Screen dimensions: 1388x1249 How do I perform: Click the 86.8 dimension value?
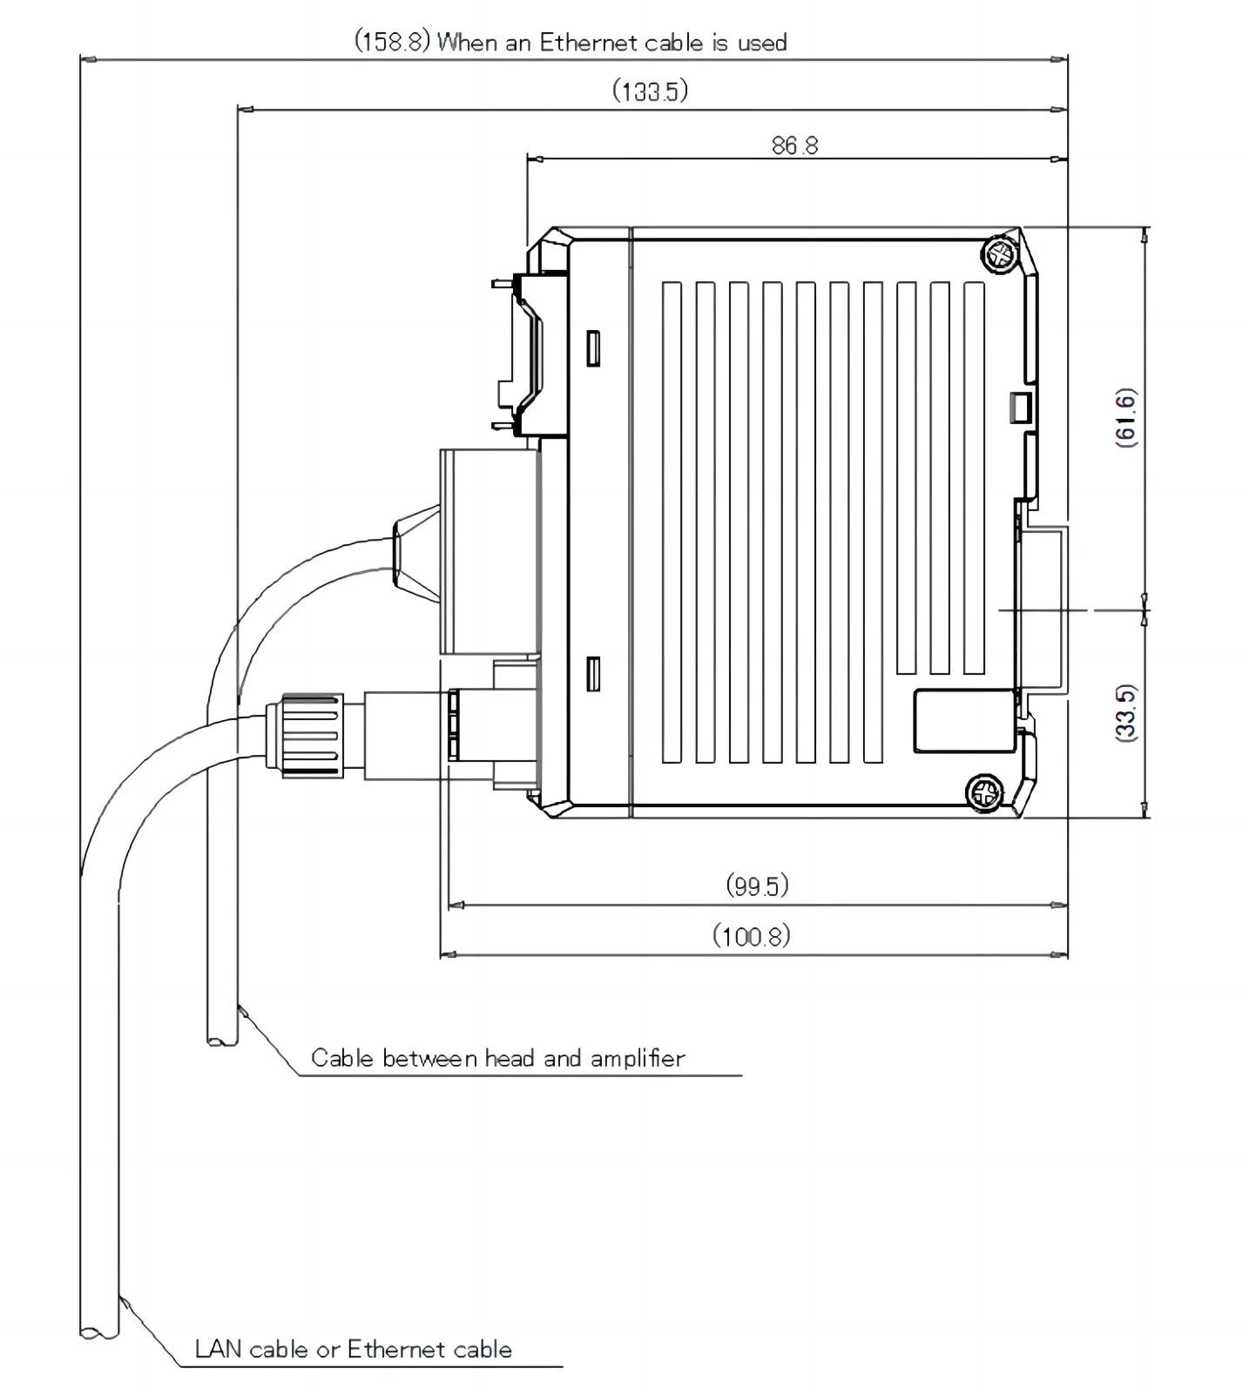794,145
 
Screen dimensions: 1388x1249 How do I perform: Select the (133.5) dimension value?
650,91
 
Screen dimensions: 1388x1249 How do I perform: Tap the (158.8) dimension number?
392,42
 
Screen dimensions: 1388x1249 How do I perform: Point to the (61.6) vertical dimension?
1126,418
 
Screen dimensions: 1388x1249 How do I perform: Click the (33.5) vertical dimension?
1126,712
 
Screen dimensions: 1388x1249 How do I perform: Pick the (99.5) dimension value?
757,886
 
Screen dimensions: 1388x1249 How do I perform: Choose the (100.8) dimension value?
752,937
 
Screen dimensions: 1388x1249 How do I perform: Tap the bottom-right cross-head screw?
984,793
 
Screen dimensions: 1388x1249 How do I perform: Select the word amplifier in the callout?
638,1058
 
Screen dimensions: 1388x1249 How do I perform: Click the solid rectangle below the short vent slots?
965,721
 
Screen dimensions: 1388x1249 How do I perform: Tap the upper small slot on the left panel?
592,347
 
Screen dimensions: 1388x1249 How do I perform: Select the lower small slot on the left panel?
592,673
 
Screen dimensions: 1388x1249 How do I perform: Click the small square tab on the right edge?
1019,407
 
